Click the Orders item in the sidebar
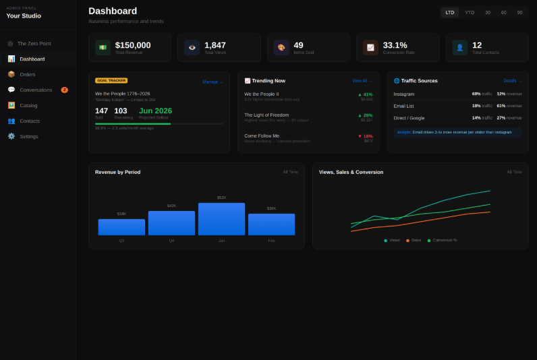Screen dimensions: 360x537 click(x=27, y=74)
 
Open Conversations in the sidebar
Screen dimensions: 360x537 click(x=35, y=90)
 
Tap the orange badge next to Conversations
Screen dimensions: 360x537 click(x=64, y=90)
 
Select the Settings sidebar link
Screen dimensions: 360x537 click(x=28, y=136)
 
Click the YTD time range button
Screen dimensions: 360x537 click(x=470, y=12)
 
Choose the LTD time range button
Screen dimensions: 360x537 click(x=450, y=12)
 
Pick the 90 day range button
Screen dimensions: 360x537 click(x=519, y=12)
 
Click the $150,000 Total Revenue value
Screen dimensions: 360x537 click(x=133, y=45)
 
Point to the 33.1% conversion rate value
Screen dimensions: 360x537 click(x=395, y=45)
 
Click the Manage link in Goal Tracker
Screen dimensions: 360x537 click(x=212, y=82)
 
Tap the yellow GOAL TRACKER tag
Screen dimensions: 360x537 click(x=111, y=80)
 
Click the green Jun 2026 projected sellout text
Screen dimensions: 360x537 click(x=155, y=111)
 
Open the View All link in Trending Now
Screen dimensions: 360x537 click(x=362, y=81)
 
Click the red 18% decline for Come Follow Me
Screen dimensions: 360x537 click(x=365, y=136)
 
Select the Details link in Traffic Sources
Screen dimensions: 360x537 click(x=512, y=81)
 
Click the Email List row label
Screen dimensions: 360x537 click(x=405, y=106)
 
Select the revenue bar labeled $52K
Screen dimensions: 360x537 click(x=221, y=219)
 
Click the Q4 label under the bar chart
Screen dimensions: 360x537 click(x=171, y=240)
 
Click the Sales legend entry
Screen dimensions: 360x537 click(x=414, y=240)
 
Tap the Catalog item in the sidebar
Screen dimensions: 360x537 click(x=28, y=105)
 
